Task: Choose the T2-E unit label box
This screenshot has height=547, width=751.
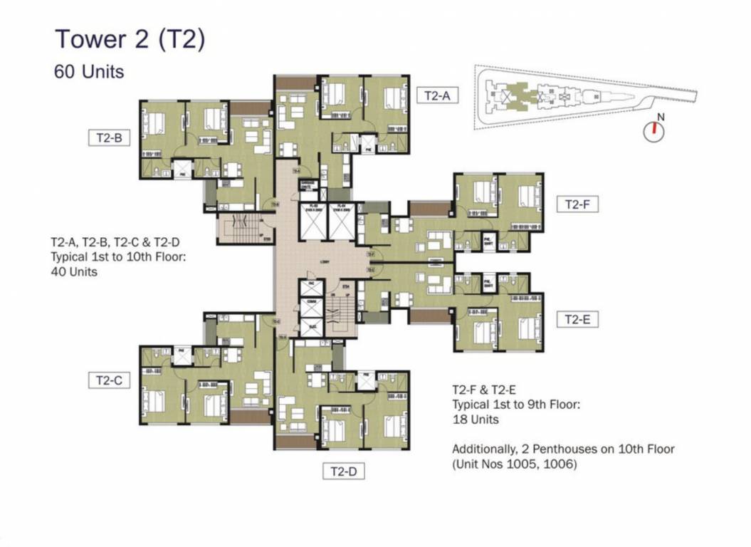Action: [577, 320]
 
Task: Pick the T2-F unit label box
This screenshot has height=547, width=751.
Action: [577, 204]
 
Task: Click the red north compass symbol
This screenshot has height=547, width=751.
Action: [653, 130]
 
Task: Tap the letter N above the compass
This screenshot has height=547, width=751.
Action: [661, 116]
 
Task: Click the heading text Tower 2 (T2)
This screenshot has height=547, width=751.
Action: [130, 39]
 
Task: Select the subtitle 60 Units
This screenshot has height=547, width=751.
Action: [89, 71]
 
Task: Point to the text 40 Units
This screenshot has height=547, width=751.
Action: [74, 271]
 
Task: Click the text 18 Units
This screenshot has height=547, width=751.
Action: [476, 420]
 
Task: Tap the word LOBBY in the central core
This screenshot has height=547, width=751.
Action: [324, 262]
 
